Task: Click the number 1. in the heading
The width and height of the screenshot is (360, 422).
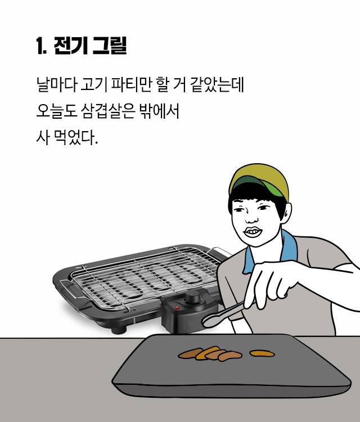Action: click(x=40, y=46)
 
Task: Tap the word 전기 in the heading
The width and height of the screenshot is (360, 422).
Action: click(x=70, y=46)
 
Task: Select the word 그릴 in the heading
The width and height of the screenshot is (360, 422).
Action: click(x=110, y=46)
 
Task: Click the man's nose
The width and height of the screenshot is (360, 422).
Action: click(x=254, y=214)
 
